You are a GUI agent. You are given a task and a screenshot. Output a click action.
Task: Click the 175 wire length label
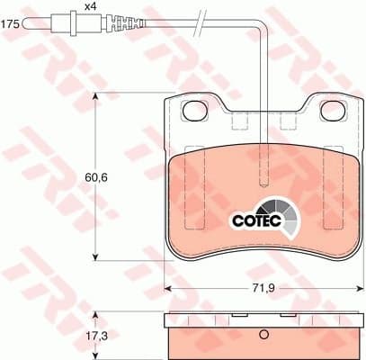point(10,25)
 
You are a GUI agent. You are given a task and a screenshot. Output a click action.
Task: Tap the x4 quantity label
point(90,7)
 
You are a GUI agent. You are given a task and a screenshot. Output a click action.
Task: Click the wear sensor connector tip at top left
point(40,24)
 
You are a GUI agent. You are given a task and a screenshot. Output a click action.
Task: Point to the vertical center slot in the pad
point(262,166)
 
